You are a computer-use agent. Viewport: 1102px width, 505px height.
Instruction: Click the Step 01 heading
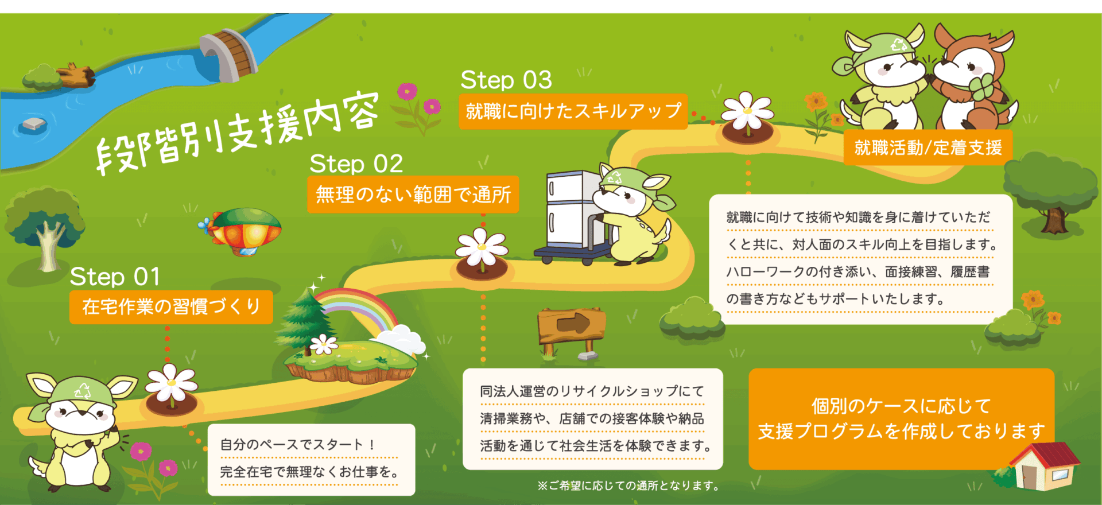pyautogui.click(x=115, y=277)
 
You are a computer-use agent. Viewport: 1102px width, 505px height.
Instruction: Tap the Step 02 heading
pyautogui.click(x=356, y=164)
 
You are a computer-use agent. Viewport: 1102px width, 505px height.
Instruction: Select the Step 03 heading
pyautogui.click(x=506, y=80)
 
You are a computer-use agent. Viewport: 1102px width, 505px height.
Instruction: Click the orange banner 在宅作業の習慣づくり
pyautogui.click(x=171, y=307)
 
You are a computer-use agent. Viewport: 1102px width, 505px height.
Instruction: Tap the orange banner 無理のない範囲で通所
pyautogui.click(x=413, y=195)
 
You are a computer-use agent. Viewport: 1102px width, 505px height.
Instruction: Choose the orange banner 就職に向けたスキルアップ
pyautogui.click(x=573, y=111)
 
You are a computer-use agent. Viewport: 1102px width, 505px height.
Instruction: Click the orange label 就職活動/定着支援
pyautogui.click(x=928, y=148)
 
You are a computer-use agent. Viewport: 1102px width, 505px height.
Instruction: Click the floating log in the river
pyautogui.click(x=77, y=75)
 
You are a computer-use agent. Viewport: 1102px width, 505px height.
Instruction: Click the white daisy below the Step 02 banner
pyautogui.click(x=482, y=248)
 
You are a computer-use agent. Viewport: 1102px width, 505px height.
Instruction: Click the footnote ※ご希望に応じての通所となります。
pyautogui.click(x=629, y=486)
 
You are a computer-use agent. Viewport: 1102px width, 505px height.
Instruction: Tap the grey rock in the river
pyautogui.click(x=34, y=123)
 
